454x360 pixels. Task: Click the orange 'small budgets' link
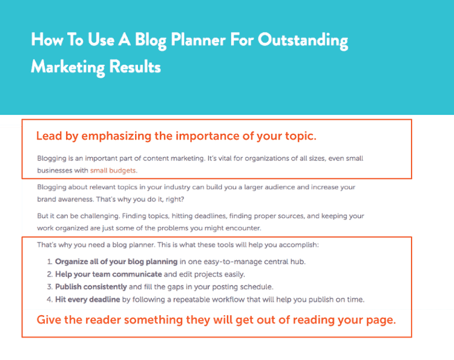coord(113,170)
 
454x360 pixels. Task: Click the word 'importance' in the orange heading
coord(204,136)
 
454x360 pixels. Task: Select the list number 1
coord(50,262)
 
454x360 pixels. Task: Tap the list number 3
coord(50,287)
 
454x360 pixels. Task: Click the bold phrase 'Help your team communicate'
coord(108,274)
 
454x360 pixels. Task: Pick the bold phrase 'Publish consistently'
coord(91,287)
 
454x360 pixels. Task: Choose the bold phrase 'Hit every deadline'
coord(88,299)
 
